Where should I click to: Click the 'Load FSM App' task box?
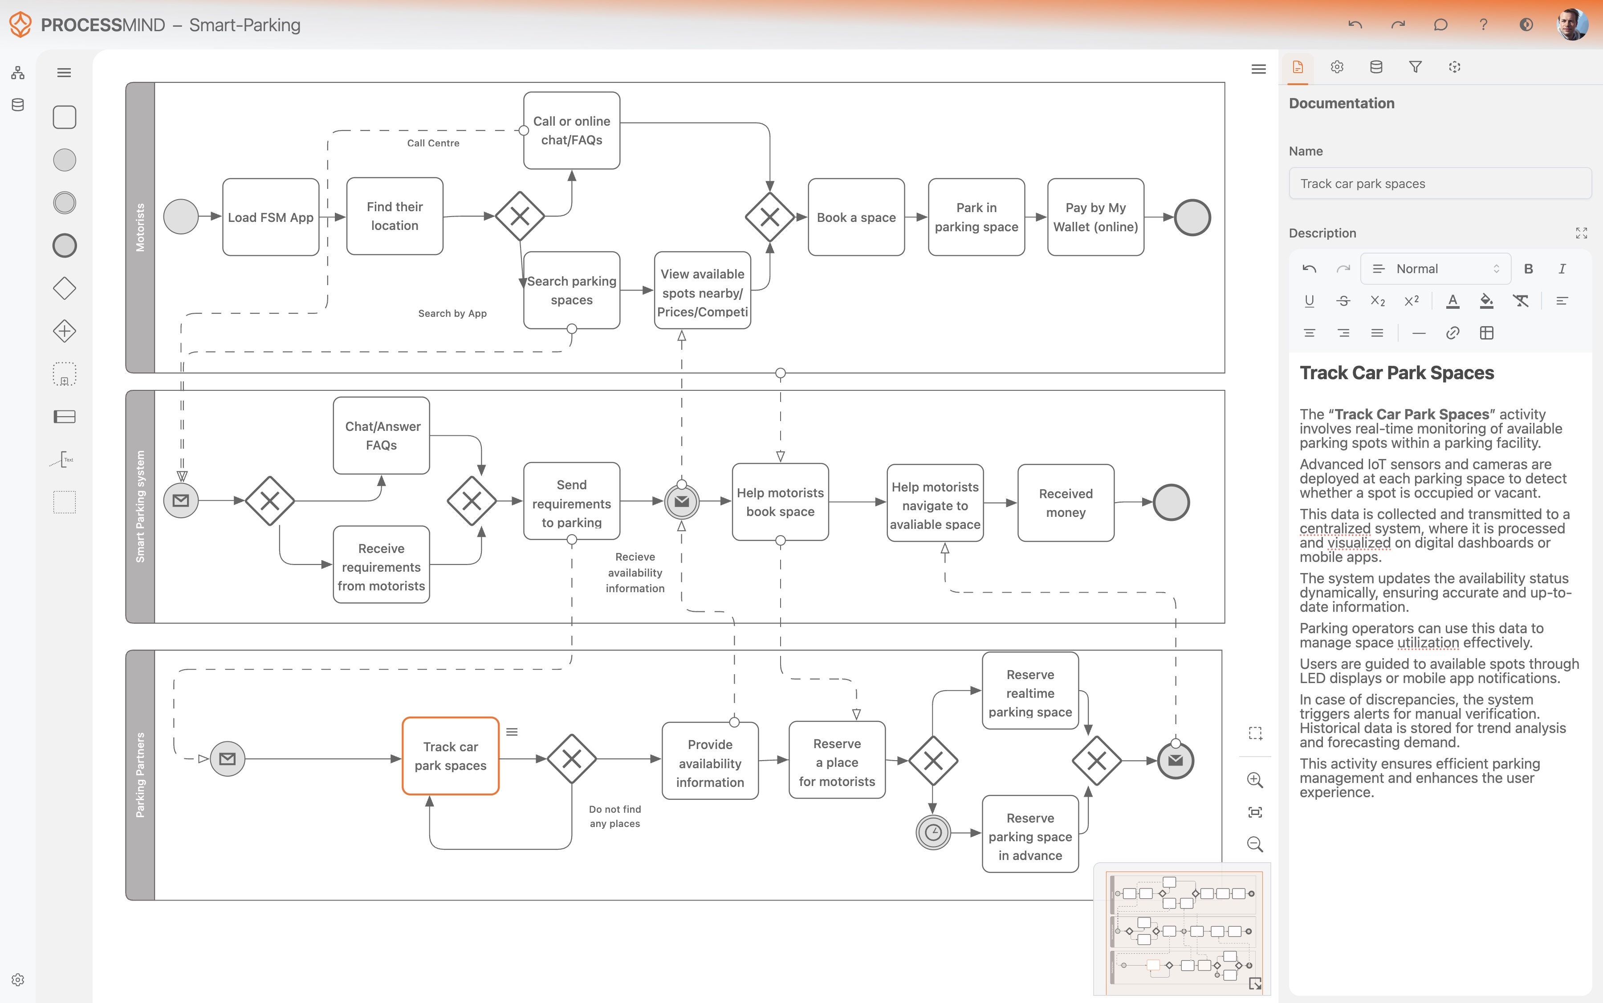pos(270,217)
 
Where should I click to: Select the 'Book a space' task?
pos(856,217)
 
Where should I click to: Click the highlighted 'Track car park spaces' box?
pos(450,756)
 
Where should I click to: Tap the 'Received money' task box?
pos(1066,503)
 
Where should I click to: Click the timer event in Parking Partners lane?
pos(933,832)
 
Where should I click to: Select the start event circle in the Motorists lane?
pos(180,217)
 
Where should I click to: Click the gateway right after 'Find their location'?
pos(520,216)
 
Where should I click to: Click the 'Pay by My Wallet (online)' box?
pos(1095,217)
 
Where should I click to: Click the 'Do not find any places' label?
pos(614,816)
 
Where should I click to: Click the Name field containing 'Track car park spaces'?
pos(1439,184)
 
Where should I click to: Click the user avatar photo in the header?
pos(1572,25)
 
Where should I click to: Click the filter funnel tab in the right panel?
pos(1415,67)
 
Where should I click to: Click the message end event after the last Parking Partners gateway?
pos(1176,760)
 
